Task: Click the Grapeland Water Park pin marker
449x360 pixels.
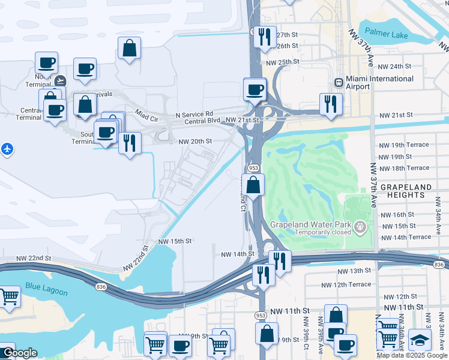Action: click(x=360, y=227)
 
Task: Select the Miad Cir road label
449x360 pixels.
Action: click(x=146, y=115)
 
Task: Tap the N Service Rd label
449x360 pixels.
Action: click(x=194, y=114)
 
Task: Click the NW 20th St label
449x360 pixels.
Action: click(x=196, y=141)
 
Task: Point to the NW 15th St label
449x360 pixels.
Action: click(x=175, y=241)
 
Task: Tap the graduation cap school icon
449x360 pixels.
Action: click(x=420, y=340)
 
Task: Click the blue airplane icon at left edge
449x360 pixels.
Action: click(x=7, y=148)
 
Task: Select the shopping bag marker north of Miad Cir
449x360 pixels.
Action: click(x=130, y=49)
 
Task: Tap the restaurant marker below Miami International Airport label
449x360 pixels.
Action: click(x=331, y=104)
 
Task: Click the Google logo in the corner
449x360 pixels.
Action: click(x=19, y=353)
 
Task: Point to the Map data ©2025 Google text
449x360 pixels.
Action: click(x=412, y=355)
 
